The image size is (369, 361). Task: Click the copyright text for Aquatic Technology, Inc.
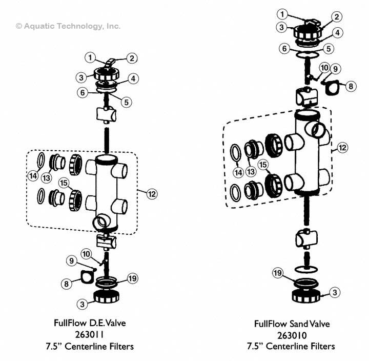tap(68, 26)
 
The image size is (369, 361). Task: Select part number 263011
tap(90, 335)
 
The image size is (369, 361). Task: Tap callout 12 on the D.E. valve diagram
tap(151, 194)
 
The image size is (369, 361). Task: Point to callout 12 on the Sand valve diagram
tap(342, 148)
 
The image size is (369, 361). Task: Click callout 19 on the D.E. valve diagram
tap(132, 278)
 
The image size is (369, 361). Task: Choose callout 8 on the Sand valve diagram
tap(350, 87)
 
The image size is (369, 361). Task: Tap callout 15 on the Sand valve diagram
tap(263, 165)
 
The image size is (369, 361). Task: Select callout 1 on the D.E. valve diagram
tap(91, 57)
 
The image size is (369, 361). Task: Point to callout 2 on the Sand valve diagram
tap(337, 16)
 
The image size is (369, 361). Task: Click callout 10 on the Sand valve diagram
tap(324, 68)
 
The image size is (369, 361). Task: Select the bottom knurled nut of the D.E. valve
tap(108, 298)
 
